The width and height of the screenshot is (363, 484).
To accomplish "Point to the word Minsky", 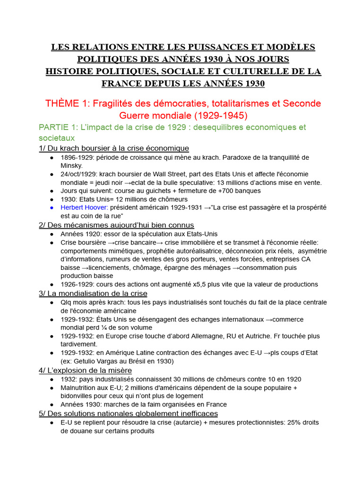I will (71, 166).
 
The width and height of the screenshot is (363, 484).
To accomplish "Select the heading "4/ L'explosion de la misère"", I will (85, 370).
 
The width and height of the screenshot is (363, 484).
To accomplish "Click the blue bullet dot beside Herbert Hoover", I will (51, 207).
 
